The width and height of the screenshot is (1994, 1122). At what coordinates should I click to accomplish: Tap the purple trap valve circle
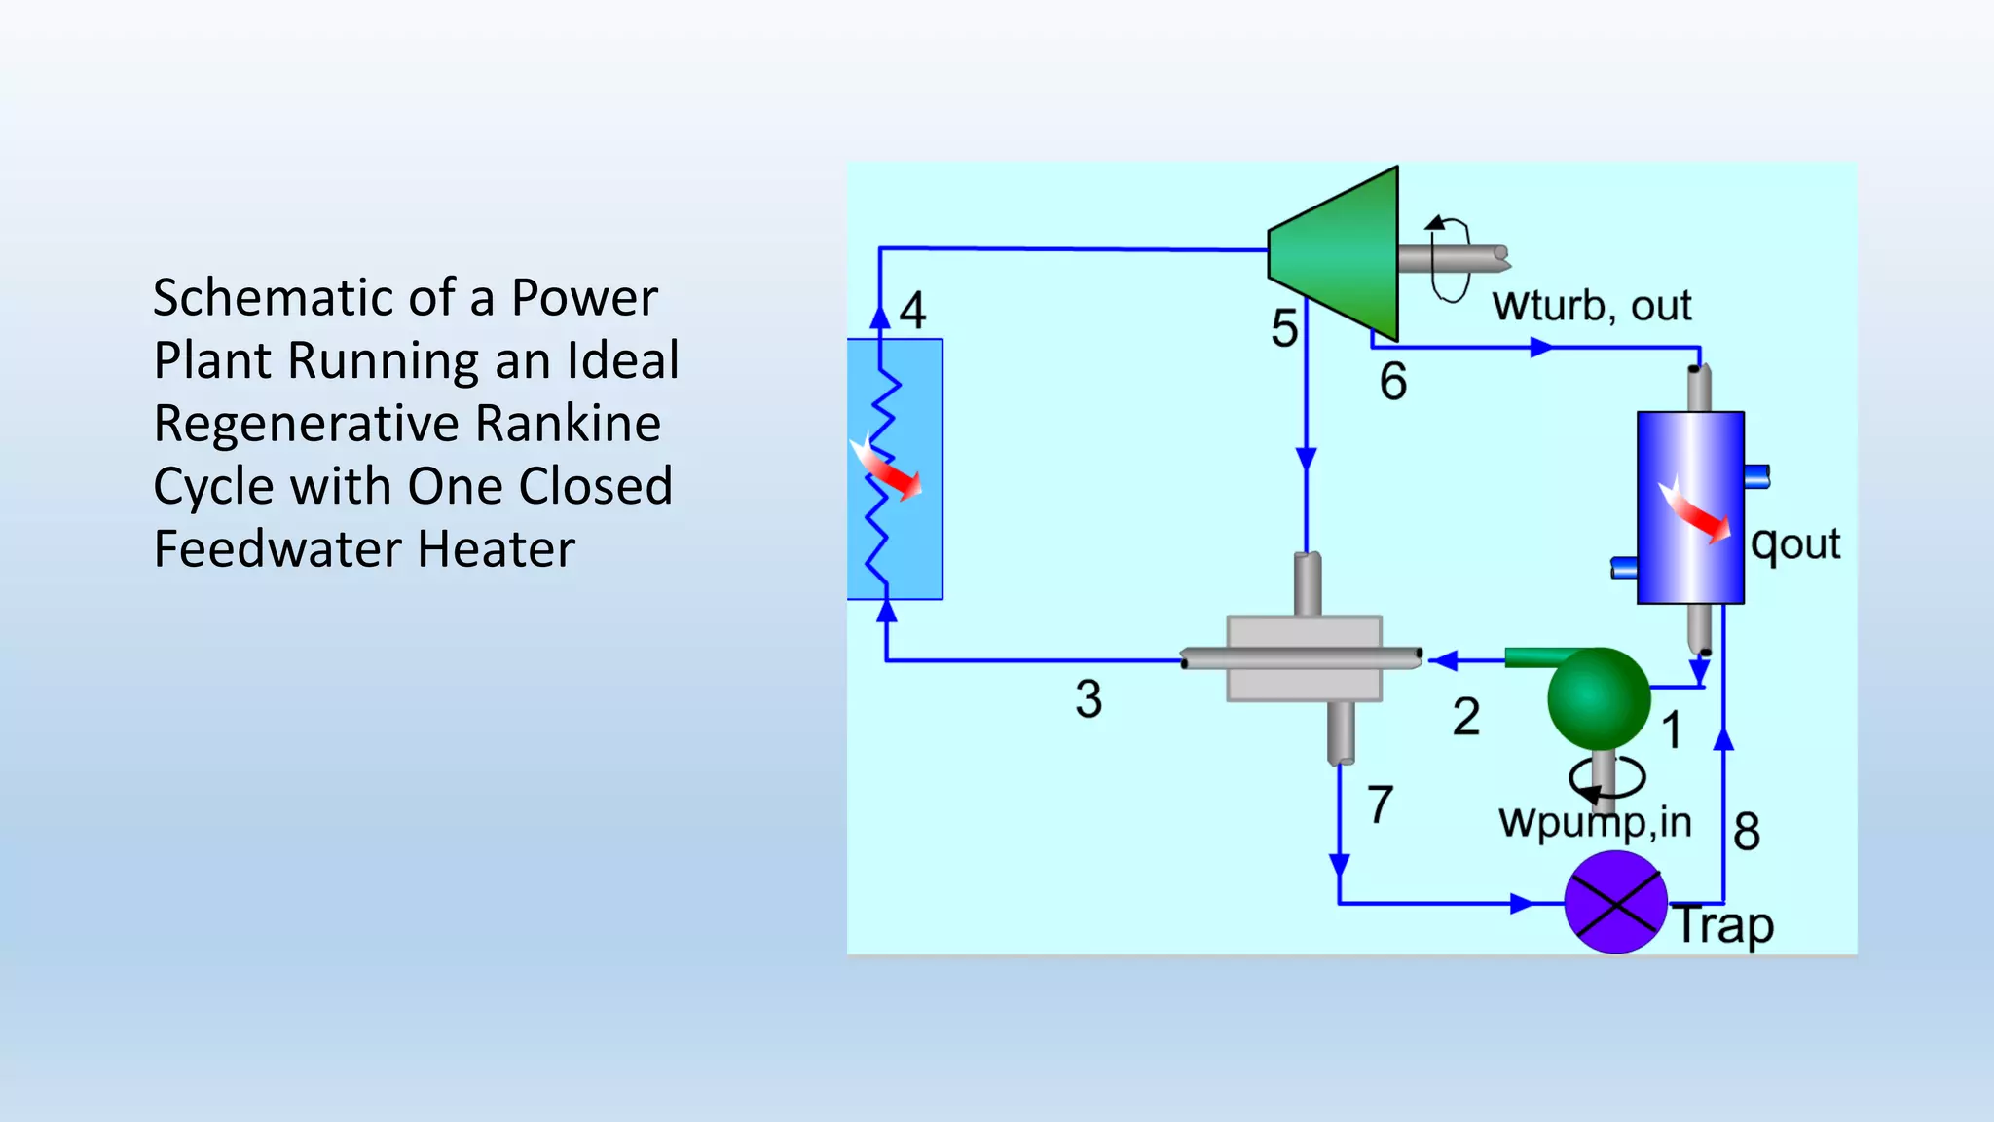click(1615, 903)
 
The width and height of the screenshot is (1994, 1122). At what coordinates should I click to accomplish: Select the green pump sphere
click(1598, 697)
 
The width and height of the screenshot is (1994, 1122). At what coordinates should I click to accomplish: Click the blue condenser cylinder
click(1690, 506)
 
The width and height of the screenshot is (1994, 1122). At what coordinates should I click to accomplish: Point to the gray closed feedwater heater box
click(1304, 658)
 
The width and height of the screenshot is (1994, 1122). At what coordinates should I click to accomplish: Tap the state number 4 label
click(912, 311)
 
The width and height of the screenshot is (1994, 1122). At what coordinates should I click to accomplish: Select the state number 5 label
click(1284, 328)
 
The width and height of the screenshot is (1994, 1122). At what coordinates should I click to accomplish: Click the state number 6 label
click(1393, 381)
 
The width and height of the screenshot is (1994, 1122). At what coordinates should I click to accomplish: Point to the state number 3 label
click(1089, 699)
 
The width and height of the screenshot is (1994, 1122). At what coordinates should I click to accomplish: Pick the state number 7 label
click(1380, 805)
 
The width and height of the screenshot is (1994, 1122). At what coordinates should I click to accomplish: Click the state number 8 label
click(1747, 831)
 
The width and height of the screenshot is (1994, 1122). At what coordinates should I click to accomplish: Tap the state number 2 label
click(1466, 717)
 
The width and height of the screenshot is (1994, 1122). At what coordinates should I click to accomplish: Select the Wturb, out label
click(1592, 306)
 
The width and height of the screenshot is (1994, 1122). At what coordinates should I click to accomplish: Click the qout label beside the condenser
click(1795, 543)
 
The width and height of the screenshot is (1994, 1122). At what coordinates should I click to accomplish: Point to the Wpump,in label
click(1595, 823)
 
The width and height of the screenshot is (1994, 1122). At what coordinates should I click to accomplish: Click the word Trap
click(1723, 924)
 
